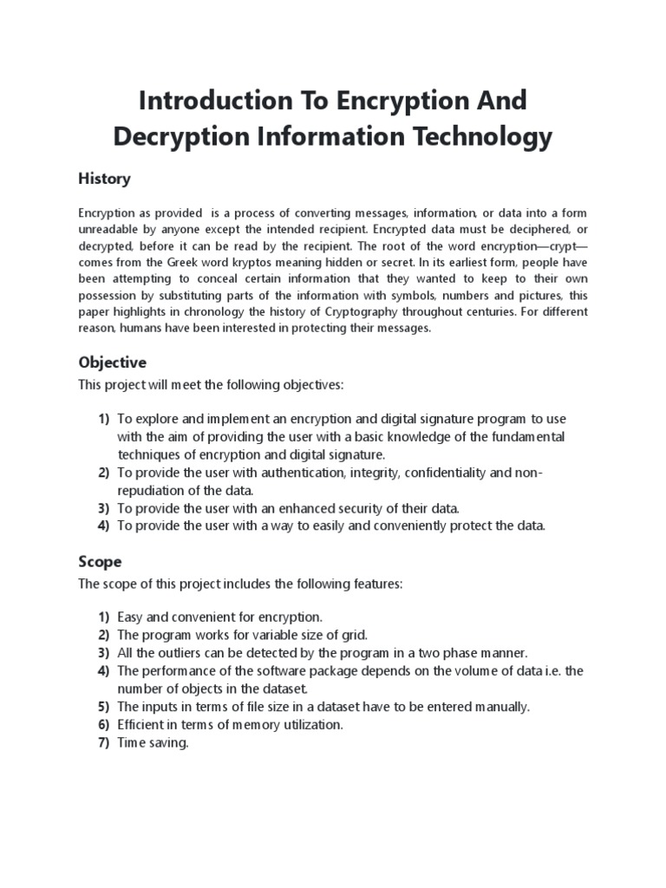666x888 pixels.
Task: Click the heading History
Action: pyautogui.click(x=104, y=179)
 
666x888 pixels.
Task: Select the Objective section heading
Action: pyautogui.click(x=112, y=362)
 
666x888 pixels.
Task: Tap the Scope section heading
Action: pyautogui.click(x=100, y=561)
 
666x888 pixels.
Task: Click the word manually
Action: pyautogui.click(x=500, y=707)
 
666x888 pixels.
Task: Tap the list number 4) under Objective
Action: pyautogui.click(x=103, y=526)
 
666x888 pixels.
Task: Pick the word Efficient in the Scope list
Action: pyautogui.click(x=142, y=725)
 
